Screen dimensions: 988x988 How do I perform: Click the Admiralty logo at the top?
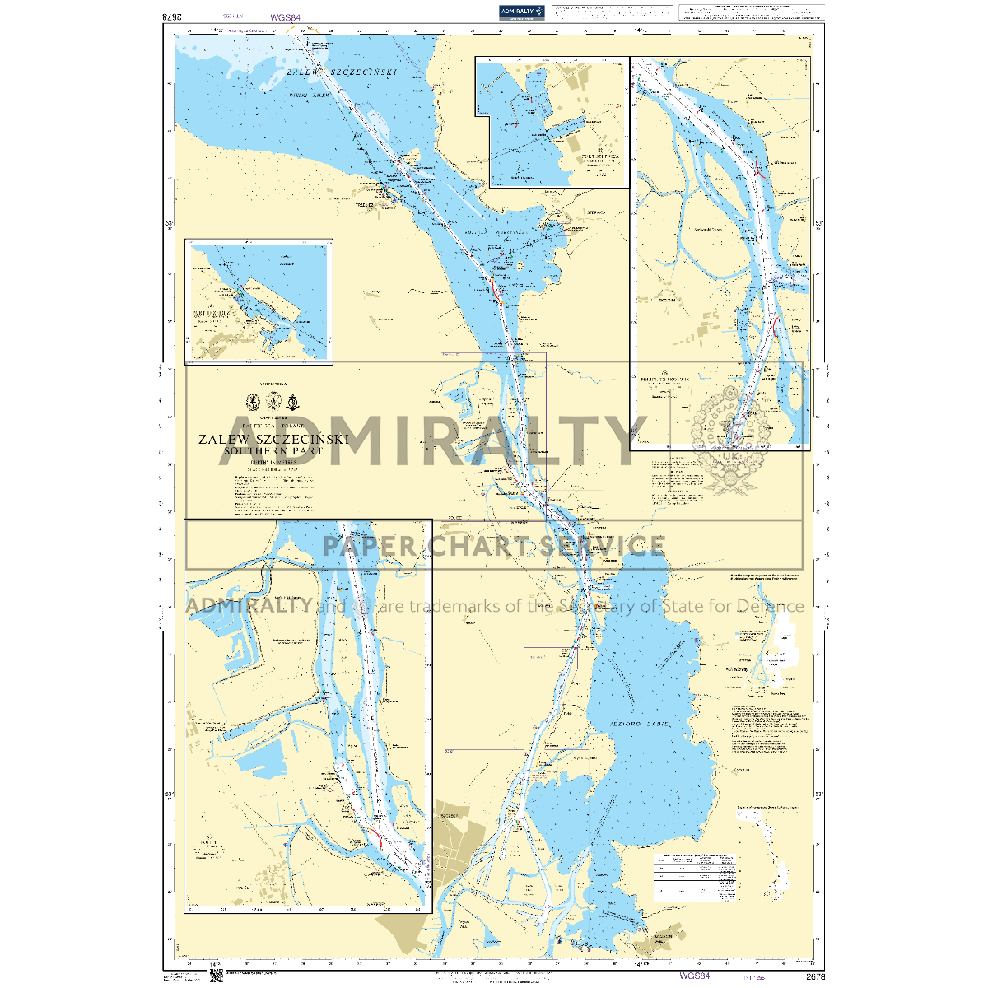[522, 11]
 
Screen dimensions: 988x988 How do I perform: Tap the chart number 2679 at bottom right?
[815, 976]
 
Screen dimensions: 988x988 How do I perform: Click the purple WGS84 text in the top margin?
[285, 16]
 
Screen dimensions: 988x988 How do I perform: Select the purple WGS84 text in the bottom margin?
[694, 976]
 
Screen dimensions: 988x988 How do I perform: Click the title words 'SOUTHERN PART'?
[273, 451]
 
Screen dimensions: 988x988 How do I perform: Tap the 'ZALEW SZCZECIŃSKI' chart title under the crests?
[273, 439]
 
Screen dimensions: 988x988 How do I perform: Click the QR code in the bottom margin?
[217, 976]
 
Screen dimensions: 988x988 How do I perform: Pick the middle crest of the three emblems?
[273, 402]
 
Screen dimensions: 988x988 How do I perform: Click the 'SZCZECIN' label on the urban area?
[449, 815]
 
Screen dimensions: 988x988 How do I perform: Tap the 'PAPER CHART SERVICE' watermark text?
[494, 545]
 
